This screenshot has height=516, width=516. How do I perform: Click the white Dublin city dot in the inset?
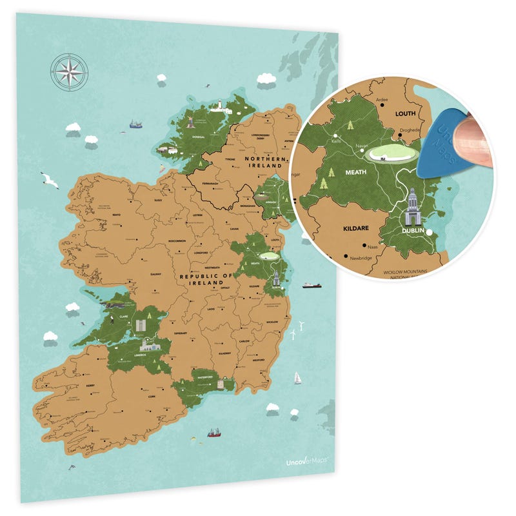[x=430, y=231]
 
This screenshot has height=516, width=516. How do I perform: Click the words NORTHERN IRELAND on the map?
[x=264, y=162]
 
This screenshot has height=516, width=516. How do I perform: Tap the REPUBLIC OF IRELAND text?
[x=205, y=280]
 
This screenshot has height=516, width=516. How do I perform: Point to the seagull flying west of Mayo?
[x=49, y=180]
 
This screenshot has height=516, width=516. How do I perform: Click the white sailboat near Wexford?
[x=297, y=378]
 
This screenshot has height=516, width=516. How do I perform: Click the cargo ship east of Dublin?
[x=312, y=284]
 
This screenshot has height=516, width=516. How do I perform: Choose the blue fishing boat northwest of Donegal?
[x=135, y=123]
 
